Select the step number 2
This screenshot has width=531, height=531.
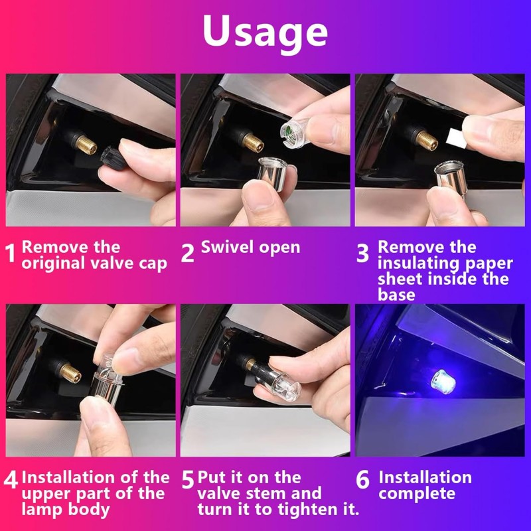187,253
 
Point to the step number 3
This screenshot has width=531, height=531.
362,253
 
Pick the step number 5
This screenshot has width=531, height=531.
188,479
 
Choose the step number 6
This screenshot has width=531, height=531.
362,479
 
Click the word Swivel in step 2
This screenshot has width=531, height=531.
227,247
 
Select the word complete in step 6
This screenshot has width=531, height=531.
417,494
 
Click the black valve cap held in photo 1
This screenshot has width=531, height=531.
112,157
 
